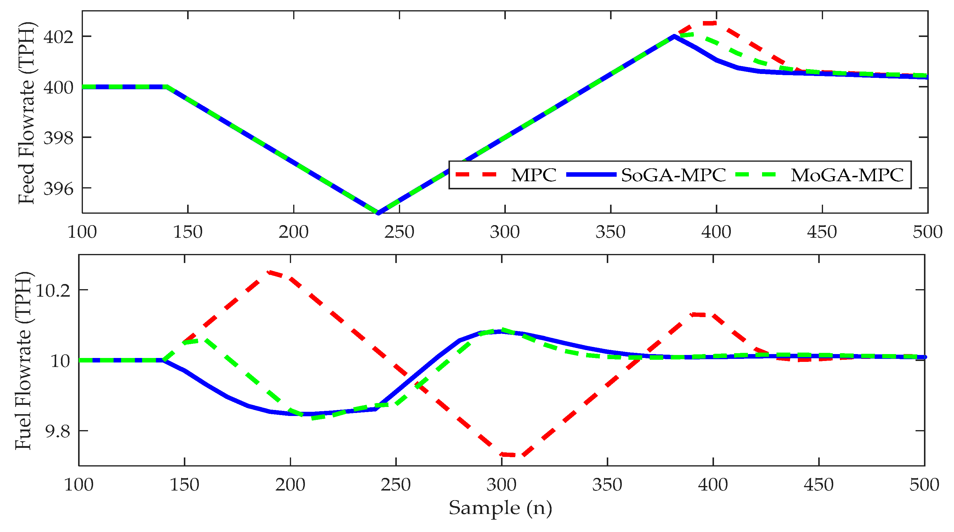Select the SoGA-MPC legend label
pyautogui.click(x=673, y=175)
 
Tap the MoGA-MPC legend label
pyautogui.click(x=847, y=175)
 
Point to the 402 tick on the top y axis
pyautogui.click(x=59, y=37)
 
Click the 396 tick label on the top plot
pyautogui.click(x=59, y=189)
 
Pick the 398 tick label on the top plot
pyautogui.click(x=59, y=138)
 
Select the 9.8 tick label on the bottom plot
pyautogui.click(x=57, y=432)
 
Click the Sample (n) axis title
pyautogui.click(x=500, y=508)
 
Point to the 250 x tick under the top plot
pyautogui.click(x=399, y=232)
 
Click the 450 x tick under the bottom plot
pyautogui.click(x=819, y=485)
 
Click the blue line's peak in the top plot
pyautogui.click(x=674, y=36)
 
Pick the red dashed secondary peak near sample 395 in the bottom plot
pyautogui.click(x=703, y=314)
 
